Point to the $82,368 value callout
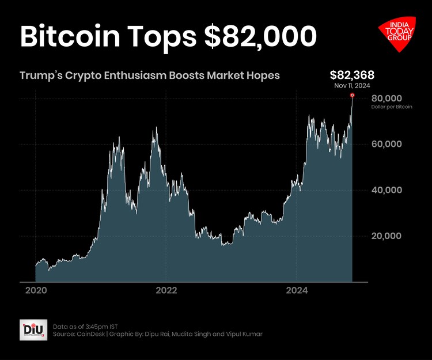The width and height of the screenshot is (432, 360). (x=352, y=75)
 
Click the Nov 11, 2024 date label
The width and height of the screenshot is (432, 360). (x=352, y=85)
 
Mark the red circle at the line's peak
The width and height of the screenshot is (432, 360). (x=352, y=96)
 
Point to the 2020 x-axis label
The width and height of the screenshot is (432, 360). (x=35, y=291)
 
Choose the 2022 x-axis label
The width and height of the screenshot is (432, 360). (x=166, y=291)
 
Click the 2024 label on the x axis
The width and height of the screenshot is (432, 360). (x=296, y=291)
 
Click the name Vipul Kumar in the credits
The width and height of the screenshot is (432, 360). (x=246, y=334)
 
